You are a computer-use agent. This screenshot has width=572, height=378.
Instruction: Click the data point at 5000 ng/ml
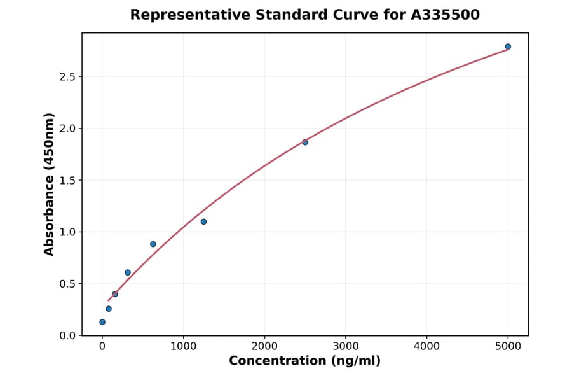(x=508, y=46)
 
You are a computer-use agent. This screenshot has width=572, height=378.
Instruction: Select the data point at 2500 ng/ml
(x=305, y=142)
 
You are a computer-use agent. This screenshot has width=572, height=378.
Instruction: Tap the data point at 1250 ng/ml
(x=203, y=221)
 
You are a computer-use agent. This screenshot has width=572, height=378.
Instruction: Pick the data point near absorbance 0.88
(x=153, y=244)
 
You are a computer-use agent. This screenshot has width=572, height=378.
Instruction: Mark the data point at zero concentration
(x=102, y=322)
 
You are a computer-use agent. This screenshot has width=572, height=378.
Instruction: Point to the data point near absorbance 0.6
(x=128, y=272)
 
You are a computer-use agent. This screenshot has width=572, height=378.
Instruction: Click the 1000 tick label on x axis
(x=183, y=346)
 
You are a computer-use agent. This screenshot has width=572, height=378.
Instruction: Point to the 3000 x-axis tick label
(x=345, y=346)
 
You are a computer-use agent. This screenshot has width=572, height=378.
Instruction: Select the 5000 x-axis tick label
(x=508, y=346)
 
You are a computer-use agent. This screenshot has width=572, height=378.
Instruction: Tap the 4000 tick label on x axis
(x=426, y=346)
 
